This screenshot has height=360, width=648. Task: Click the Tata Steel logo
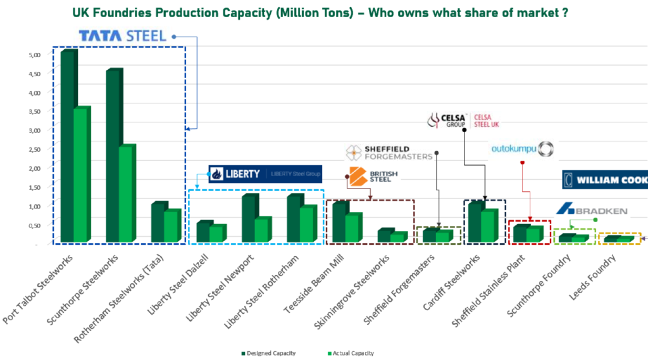tap(122, 35)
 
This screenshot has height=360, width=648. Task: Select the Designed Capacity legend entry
tap(268, 352)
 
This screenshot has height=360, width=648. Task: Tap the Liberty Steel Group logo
tap(265, 173)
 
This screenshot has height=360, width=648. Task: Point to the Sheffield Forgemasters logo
tap(388, 152)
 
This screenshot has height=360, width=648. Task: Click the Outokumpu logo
tap(523, 149)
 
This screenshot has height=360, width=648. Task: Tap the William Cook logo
tap(604, 180)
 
